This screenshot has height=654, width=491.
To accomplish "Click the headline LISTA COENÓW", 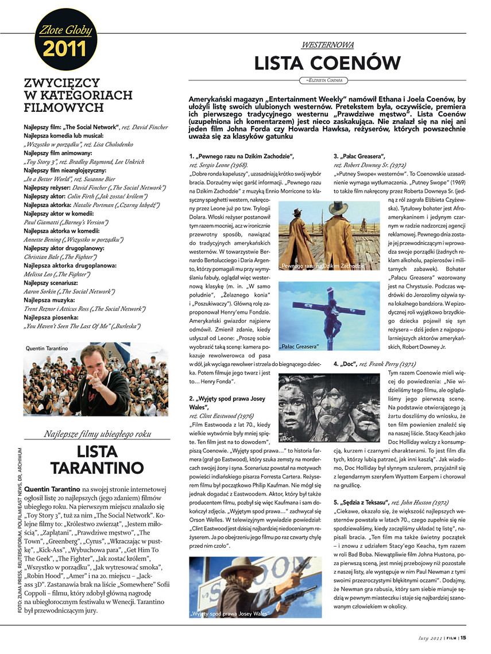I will coord(327,62).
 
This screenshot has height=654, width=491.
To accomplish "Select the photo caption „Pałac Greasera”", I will coord(300,347).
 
